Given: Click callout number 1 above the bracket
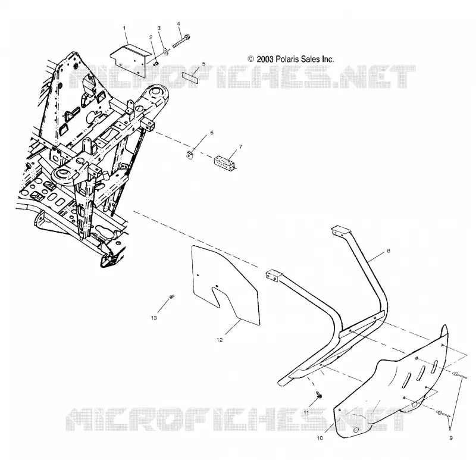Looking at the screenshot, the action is pyautogui.click(x=124, y=28).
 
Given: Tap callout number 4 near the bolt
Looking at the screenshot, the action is pyautogui.click(x=178, y=24).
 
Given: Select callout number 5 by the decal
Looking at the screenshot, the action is pyautogui.click(x=203, y=64).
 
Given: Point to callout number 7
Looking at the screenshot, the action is pyautogui.click(x=240, y=147).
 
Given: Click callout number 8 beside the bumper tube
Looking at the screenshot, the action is pyautogui.click(x=389, y=251).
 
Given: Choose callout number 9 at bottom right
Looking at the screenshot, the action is pyautogui.click(x=451, y=438).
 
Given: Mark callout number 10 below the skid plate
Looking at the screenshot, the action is pyautogui.click(x=320, y=438).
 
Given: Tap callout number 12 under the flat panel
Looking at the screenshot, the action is pyautogui.click(x=220, y=340).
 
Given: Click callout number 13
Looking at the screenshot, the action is pyautogui.click(x=154, y=318).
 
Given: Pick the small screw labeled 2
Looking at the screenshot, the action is pyautogui.click(x=156, y=63).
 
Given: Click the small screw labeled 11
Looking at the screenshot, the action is pyautogui.click(x=319, y=395).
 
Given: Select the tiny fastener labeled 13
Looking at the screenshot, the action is pyautogui.click(x=172, y=296).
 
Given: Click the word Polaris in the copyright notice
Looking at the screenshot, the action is pyautogui.click(x=287, y=59).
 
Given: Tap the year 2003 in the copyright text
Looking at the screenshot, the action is pyautogui.click(x=265, y=59).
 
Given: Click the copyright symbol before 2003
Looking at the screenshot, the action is pyautogui.click(x=251, y=59).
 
